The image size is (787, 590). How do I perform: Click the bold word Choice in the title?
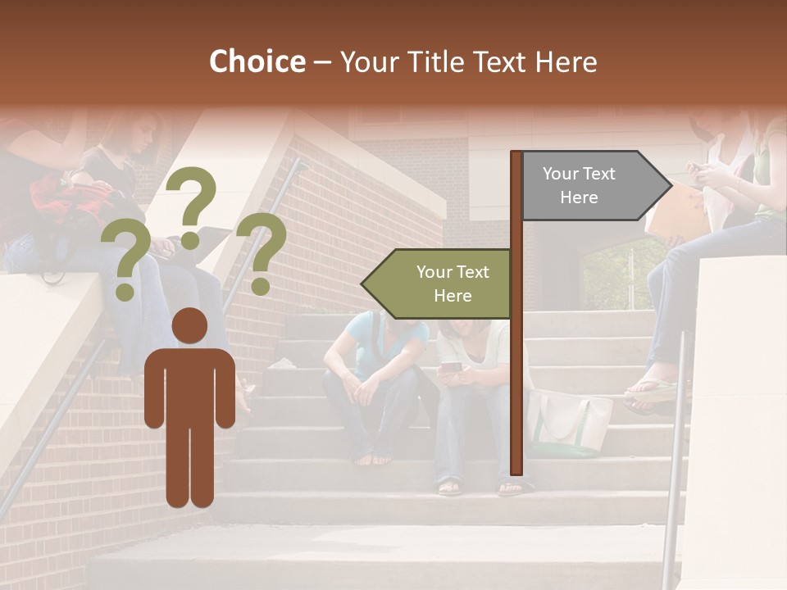[257, 62]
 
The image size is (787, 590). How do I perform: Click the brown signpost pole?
[516, 369]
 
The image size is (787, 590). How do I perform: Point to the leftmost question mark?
[125, 261]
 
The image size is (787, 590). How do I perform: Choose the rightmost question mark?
[262, 252]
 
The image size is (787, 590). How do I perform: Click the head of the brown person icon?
[189, 326]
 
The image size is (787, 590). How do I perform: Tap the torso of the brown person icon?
[189, 385]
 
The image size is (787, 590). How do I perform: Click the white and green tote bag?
[567, 421]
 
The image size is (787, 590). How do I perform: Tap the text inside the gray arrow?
[579, 185]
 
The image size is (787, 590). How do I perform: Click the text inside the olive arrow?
[452, 284]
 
